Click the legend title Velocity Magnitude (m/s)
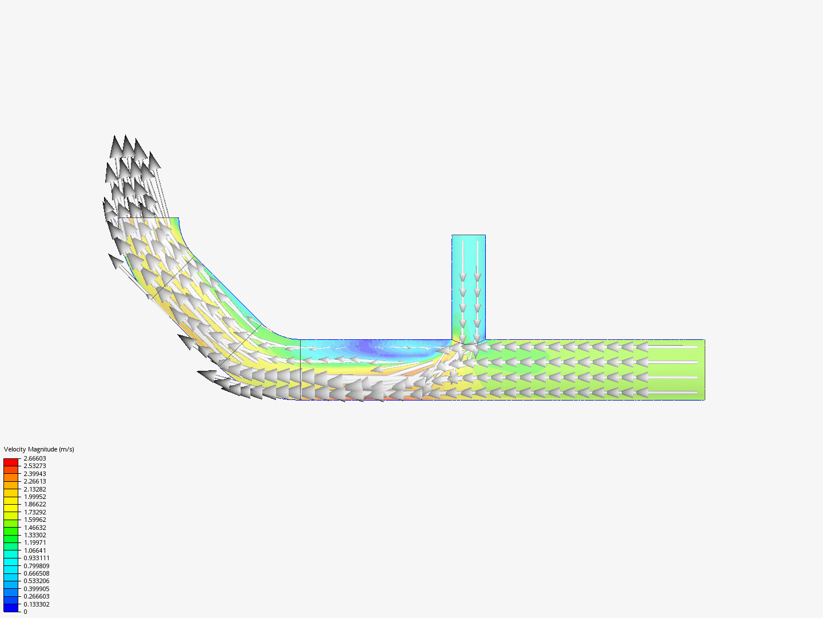[39, 449]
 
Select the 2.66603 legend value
[35, 458]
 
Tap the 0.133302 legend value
[37, 604]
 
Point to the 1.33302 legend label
[35, 535]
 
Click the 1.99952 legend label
[35, 497]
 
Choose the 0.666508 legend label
[37, 573]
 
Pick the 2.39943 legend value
[35, 474]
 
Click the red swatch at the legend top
[11, 462]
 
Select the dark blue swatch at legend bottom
[11, 608]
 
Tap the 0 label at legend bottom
[25, 612]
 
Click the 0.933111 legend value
[37, 558]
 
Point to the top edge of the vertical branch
[469, 235]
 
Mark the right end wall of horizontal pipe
[704, 370]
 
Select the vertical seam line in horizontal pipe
[301, 370]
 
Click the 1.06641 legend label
[35, 550]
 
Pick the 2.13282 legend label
[35, 489]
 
